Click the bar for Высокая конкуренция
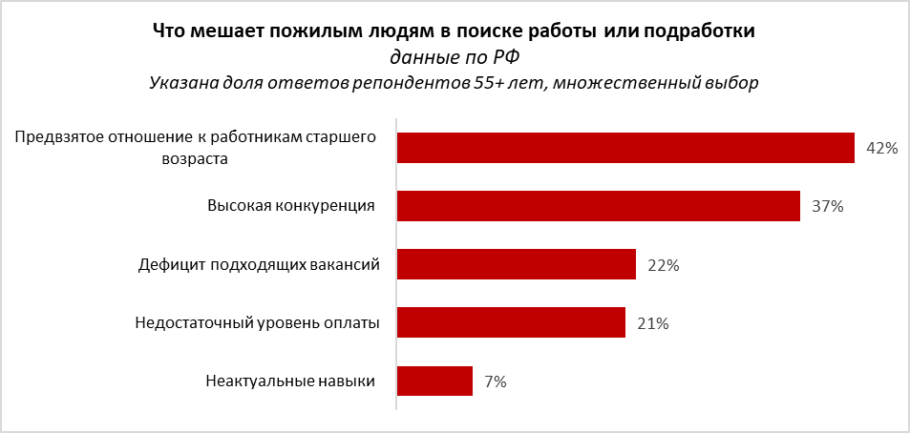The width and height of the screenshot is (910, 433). [x=598, y=206]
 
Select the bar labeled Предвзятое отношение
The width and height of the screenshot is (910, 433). [x=624, y=148]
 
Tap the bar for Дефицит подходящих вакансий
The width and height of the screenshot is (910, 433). [x=516, y=264]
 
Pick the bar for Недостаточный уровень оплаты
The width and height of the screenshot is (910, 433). [x=511, y=322]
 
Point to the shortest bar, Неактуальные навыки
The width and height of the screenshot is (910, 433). [x=434, y=381]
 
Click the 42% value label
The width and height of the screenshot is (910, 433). [x=882, y=149]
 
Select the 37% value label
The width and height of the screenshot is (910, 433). [x=828, y=207]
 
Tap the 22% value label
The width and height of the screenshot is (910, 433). [x=663, y=266]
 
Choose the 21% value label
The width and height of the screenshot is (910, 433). [x=652, y=324]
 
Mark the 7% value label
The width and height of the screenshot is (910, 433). [x=495, y=382]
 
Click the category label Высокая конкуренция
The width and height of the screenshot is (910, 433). [x=290, y=206]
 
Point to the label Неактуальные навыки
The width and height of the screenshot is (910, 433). [x=289, y=381]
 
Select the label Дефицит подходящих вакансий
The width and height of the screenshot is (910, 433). [x=259, y=264]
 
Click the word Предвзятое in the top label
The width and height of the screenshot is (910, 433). [x=57, y=137]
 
